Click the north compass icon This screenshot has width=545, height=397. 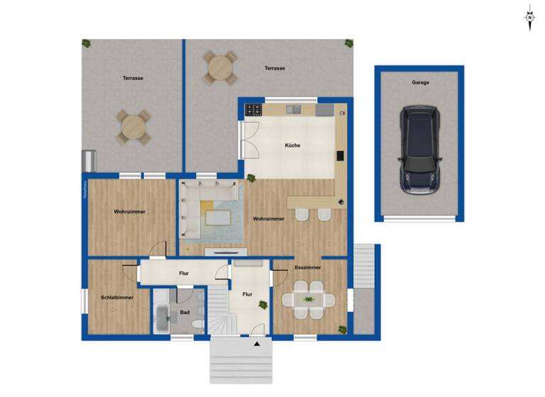click(x=529, y=17)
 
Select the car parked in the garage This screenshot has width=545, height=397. click(x=419, y=150)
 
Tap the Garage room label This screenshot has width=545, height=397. click(x=420, y=82)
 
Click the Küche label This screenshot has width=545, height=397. click(x=292, y=145)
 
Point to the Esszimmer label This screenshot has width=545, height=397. click(x=309, y=268)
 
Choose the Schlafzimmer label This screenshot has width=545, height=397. click(x=117, y=298)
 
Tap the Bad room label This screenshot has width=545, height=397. click(x=185, y=312)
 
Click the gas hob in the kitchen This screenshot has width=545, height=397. click(x=253, y=110)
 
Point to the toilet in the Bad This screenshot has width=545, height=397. click(x=199, y=325)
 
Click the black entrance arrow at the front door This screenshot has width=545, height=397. click(x=257, y=344)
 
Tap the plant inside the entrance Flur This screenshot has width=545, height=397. click(x=263, y=306)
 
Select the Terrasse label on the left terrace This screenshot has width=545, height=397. click(x=133, y=78)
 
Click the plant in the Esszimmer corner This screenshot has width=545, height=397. click(x=342, y=329)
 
